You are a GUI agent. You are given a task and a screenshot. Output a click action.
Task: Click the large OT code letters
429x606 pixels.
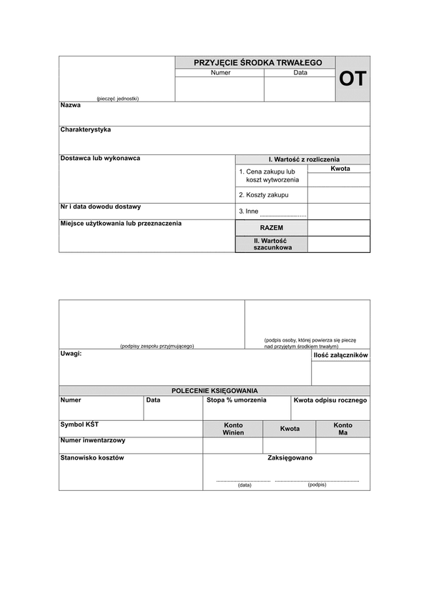[x=352, y=79]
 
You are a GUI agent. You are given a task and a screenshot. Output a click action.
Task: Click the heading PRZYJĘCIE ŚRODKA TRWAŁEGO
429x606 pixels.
[x=255, y=63]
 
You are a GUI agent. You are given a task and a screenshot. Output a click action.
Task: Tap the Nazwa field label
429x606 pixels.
[x=71, y=105]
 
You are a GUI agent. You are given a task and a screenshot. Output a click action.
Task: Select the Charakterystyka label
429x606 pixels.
[x=86, y=130]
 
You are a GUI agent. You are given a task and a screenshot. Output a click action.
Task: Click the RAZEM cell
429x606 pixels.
[x=272, y=227]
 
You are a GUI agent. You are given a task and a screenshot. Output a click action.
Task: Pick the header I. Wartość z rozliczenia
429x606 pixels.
[x=304, y=159]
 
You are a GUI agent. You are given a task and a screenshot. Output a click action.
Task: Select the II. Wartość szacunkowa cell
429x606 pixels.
[x=272, y=244]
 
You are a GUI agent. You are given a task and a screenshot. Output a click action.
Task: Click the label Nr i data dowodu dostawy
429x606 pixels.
[x=100, y=207]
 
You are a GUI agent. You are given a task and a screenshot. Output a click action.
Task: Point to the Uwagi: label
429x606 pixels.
[x=71, y=353]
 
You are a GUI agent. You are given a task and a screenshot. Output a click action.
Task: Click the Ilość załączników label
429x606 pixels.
[x=340, y=355]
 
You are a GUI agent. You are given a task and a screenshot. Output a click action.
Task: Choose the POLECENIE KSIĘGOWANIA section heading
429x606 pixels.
[x=214, y=391]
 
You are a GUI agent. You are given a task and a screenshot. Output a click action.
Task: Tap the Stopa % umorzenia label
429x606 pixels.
[x=236, y=400]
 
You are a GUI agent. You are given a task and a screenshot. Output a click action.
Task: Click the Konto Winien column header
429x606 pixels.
[x=233, y=429]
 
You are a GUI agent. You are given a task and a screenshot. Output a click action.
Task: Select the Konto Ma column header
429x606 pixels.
[x=343, y=429]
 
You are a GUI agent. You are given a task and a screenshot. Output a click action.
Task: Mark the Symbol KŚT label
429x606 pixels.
[x=80, y=424]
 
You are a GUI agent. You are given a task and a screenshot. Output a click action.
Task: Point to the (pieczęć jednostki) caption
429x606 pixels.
[x=117, y=99]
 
